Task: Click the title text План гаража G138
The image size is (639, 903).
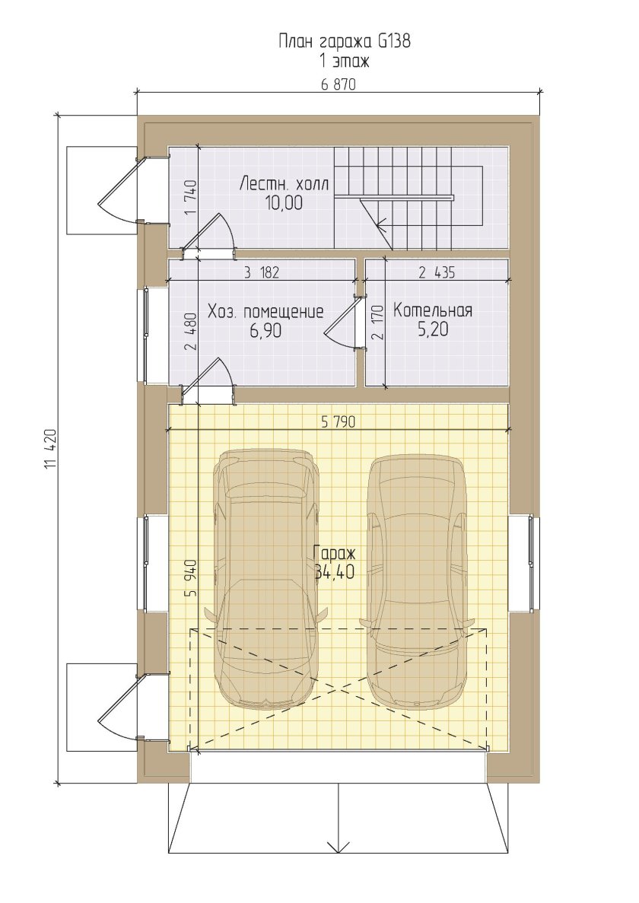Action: click(345, 42)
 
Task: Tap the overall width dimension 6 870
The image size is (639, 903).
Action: click(339, 84)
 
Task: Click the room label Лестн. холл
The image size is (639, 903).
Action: click(284, 184)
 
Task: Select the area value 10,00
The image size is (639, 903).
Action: click(284, 202)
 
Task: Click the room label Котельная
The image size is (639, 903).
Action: click(433, 310)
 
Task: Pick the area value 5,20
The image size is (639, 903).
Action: click(432, 329)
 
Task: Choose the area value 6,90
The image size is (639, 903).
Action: click(266, 331)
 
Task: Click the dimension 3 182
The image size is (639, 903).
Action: click(261, 272)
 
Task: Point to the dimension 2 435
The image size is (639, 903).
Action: click(437, 272)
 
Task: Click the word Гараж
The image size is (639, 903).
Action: click(335, 553)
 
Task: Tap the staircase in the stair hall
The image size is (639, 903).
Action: click(409, 199)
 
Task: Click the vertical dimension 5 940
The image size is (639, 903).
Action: click(192, 577)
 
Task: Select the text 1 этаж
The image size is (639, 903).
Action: click(345, 60)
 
